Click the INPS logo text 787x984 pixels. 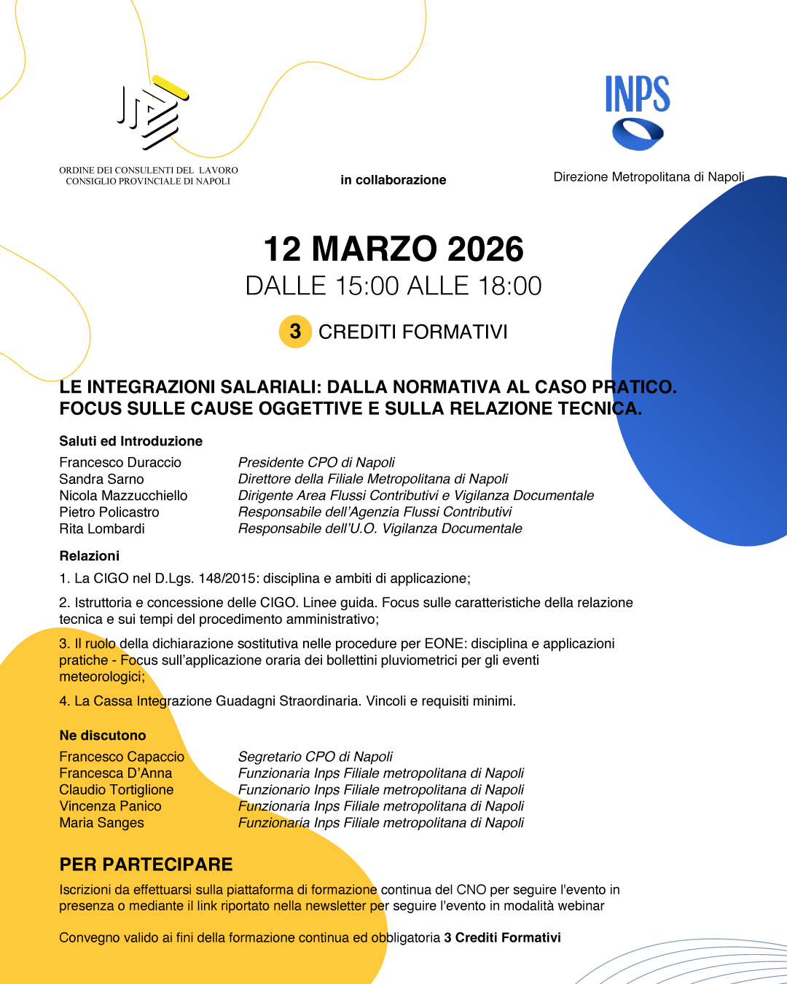638,95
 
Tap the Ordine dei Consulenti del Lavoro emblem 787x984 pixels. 152,112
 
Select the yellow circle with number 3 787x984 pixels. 295,332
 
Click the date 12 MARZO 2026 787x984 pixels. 393,249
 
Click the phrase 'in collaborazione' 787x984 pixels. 393,180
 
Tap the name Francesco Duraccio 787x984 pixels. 120,462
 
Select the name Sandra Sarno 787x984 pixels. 101,479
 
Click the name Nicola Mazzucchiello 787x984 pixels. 123,496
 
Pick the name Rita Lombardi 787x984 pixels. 102,528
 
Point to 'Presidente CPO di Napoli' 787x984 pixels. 316,462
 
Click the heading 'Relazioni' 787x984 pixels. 89,555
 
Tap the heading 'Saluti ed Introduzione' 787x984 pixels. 130,441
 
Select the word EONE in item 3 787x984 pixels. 448,644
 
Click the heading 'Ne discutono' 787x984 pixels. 103,735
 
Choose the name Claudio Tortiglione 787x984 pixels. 117,789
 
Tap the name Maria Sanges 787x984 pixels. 101,823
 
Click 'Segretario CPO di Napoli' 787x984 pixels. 315,757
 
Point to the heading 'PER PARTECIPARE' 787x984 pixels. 146,864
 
